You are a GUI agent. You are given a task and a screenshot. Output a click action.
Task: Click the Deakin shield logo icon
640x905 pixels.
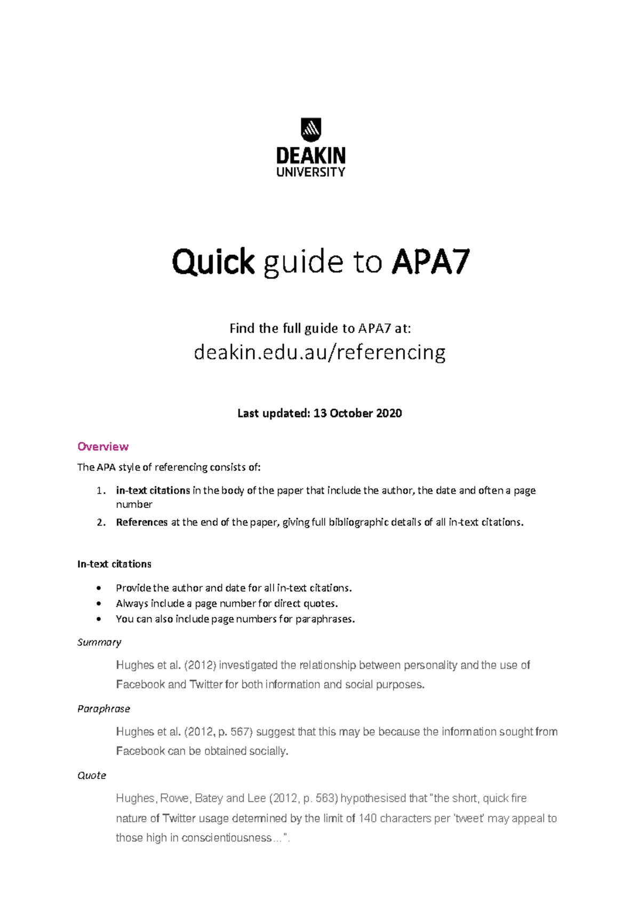(x=311, y=130)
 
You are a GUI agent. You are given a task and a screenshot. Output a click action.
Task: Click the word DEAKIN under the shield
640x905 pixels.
(x=311, y=156)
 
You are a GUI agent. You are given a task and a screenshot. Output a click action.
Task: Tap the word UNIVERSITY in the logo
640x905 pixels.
(x=311, y=172)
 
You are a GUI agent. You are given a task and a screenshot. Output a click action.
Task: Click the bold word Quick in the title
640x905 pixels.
(x=213, y=263)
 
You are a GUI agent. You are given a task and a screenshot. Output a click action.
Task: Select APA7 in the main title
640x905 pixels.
(x=430, y=262)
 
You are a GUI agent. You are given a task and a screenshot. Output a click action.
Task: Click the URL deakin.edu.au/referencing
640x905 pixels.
(x=319, y=352)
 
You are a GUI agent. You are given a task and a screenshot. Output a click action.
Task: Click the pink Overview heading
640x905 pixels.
(x=103, y=446)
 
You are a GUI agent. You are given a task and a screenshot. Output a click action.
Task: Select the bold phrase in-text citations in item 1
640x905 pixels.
(x=153, y=490)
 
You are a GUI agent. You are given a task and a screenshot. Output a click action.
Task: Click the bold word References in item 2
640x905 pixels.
(x=142, y=522)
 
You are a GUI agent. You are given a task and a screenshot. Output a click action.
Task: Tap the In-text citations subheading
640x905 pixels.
(x=114, y=564)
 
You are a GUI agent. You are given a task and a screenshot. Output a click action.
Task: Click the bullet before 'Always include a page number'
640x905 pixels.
(x=99, y=604)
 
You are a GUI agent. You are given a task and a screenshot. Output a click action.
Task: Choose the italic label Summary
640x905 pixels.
(x=99, y=642)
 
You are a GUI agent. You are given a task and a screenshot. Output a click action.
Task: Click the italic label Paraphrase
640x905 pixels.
(x=103, y=709)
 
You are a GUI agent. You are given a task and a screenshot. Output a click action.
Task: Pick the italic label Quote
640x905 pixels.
(x=92, y=775)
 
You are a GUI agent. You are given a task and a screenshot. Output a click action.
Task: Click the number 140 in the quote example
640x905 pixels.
(x=367, y=818)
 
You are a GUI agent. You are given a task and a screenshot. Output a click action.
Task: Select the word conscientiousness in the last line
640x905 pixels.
(x=227, y=838)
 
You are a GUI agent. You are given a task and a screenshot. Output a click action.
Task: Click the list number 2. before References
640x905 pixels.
(x=101, y=522)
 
